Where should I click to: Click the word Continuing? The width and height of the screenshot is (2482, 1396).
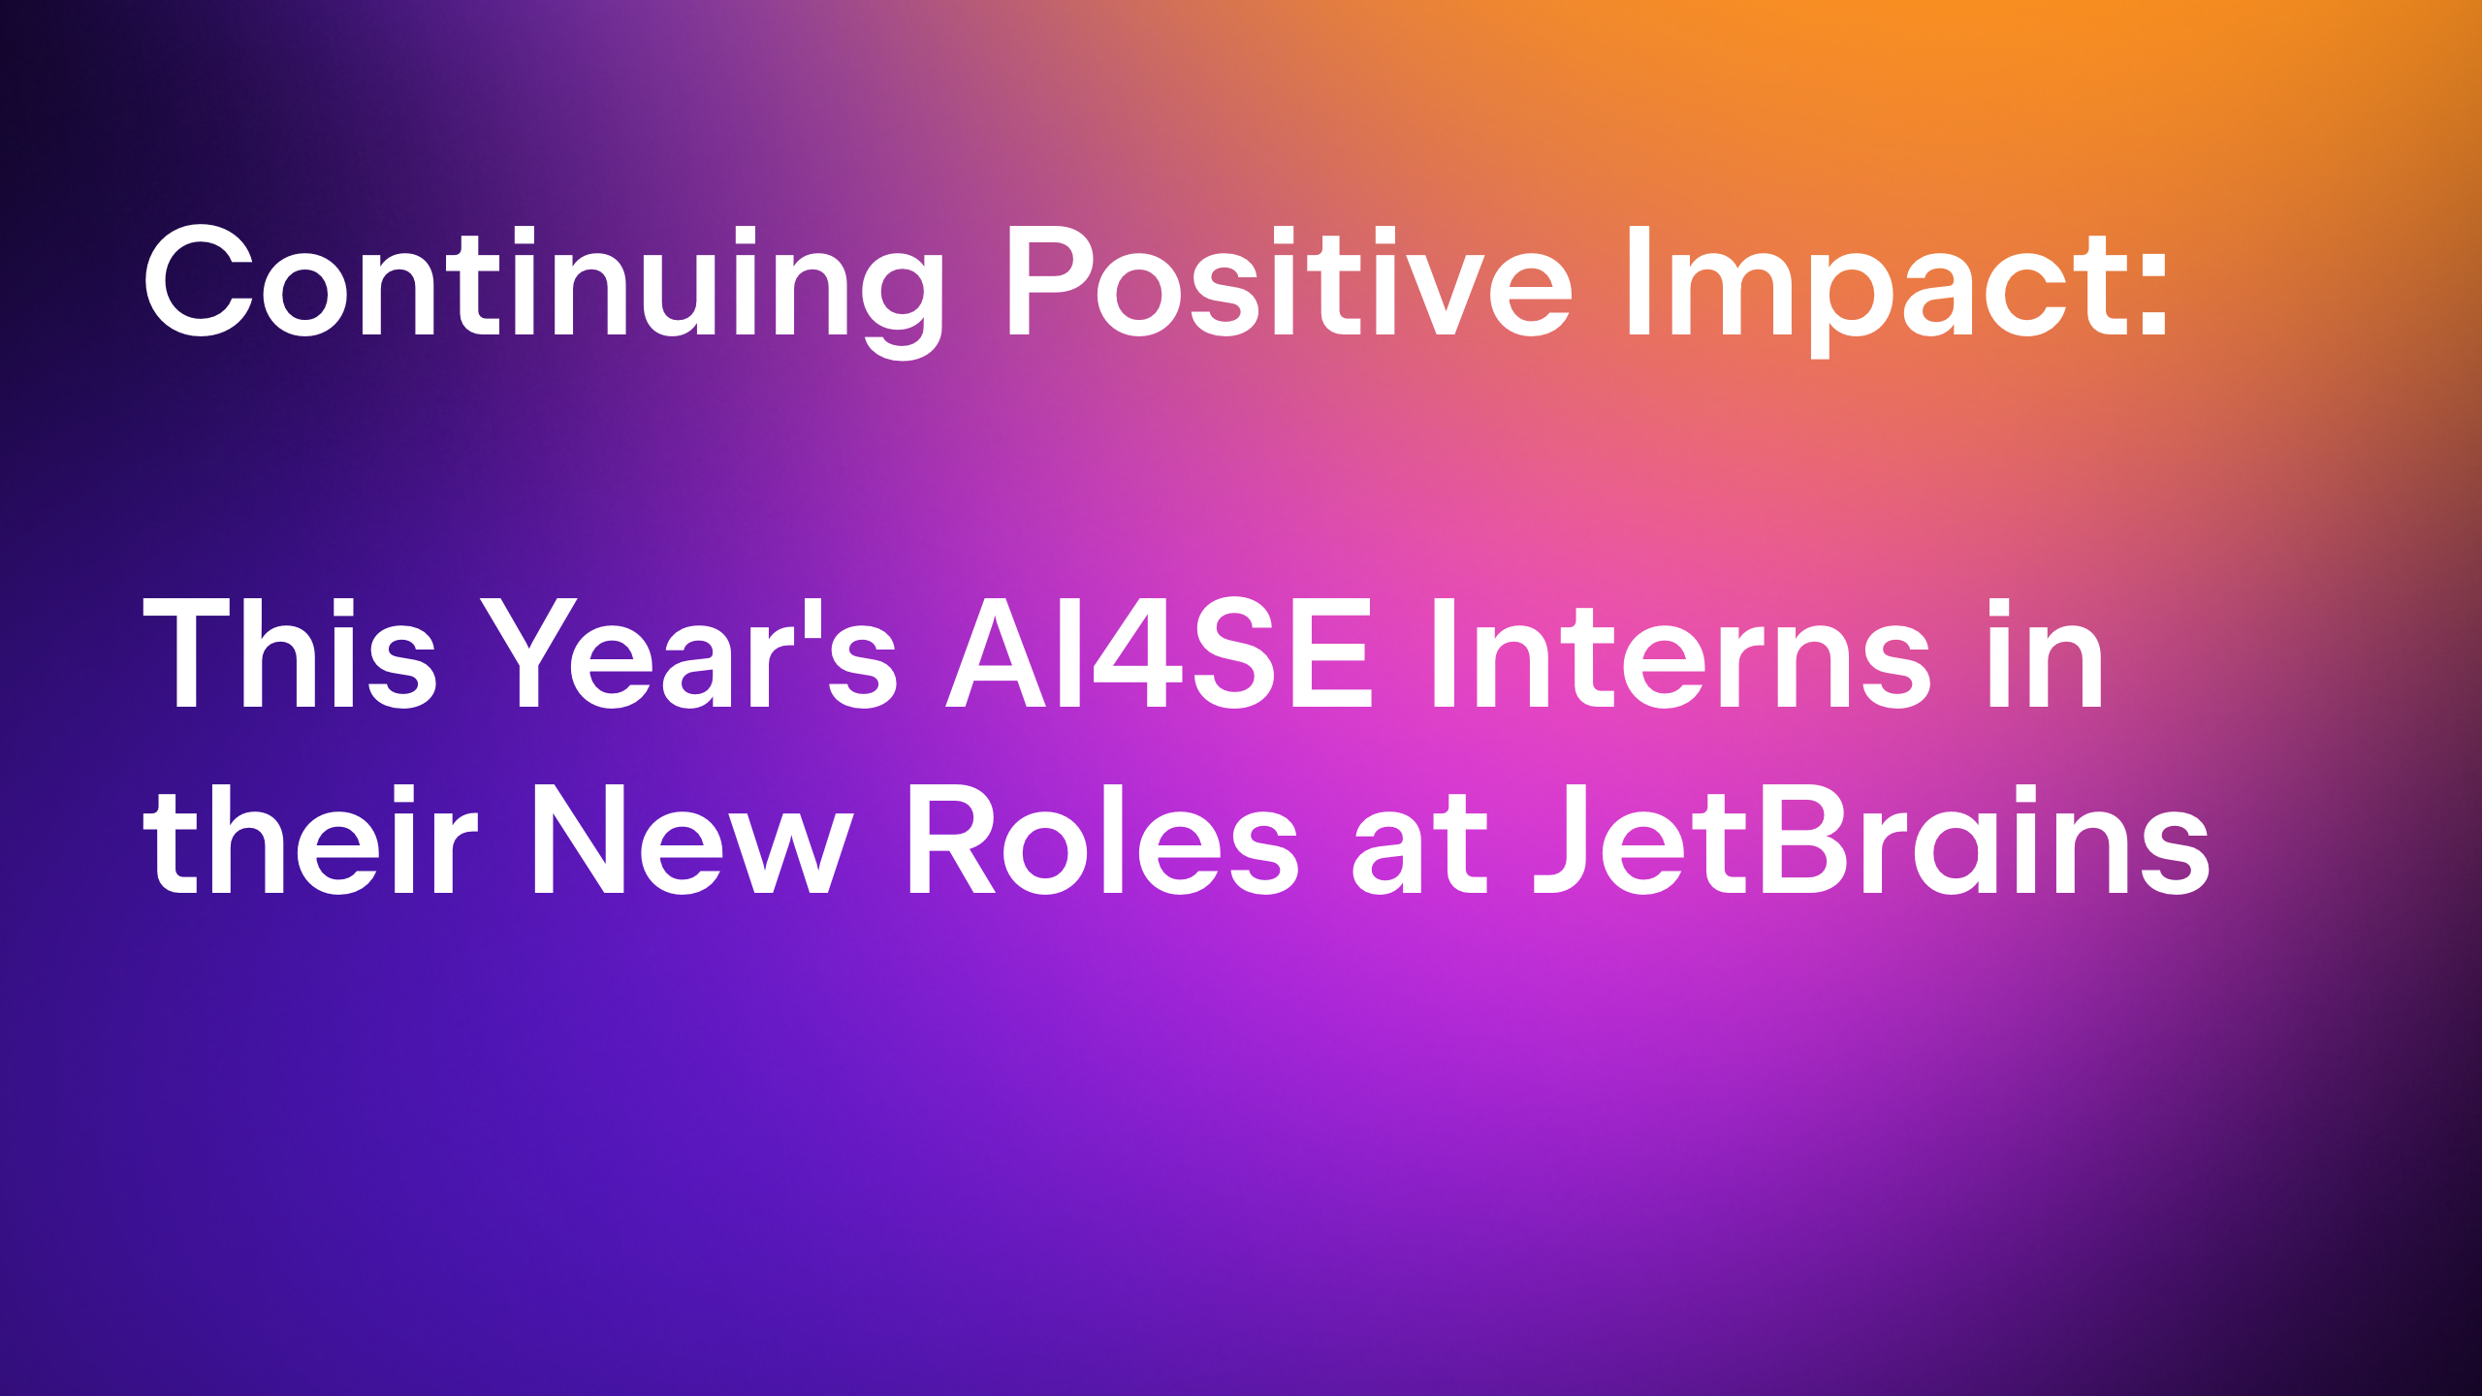pos(543,291)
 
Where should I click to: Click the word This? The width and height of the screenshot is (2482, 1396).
pos(290,651)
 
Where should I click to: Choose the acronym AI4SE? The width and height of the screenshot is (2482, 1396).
pos(1160,651)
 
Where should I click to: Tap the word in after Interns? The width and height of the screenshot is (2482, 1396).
pos(2046,651)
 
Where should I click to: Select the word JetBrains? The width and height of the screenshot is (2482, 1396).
pos(1871,838)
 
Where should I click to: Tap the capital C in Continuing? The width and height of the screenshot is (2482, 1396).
pos(200,281)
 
